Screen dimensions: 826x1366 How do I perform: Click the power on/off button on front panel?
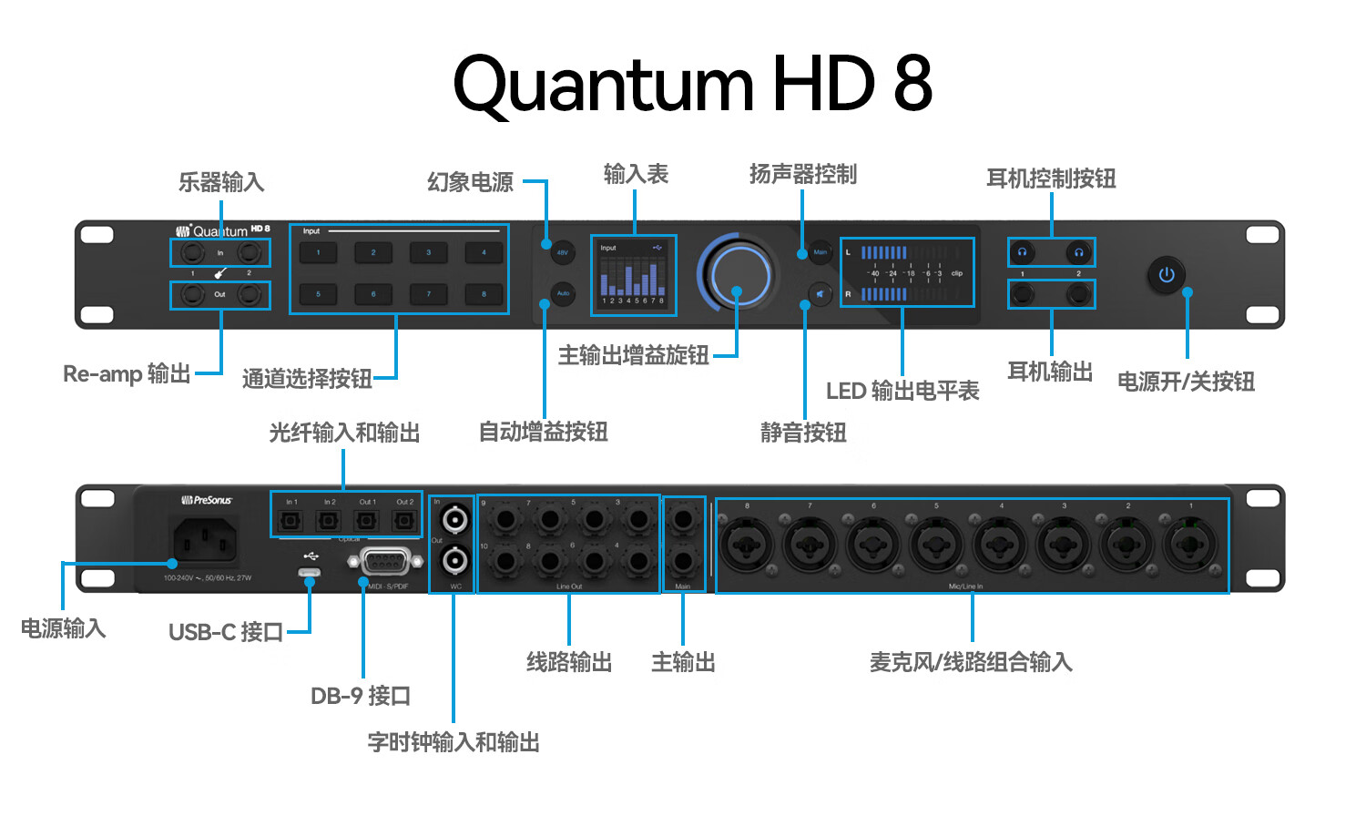[x=1167, y=274]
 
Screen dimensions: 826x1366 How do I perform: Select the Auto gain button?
[x=563, y=293]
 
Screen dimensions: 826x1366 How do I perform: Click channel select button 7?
[x=429, y=294]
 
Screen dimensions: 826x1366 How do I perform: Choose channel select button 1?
[x=318, y=252]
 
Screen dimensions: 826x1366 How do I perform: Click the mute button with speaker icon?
[x=820, y=294]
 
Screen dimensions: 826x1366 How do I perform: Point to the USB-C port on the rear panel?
[x=309, y=573]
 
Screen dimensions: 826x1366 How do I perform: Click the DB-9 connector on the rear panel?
[x=384, y=562]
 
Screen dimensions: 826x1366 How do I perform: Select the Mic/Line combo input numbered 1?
[x=1189, y=545]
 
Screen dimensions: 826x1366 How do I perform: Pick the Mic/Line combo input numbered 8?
[x=747, y=545]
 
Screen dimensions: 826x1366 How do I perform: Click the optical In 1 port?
[x=291, y=521]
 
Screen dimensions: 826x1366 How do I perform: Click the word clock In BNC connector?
[x=454, y=520]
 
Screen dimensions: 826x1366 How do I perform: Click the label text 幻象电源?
[x=470, y=182]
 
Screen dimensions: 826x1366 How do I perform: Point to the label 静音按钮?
[x=803, y=433]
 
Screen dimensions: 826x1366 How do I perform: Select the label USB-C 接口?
[x=226, y=632]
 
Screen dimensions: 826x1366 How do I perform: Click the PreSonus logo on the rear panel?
[x=207, y=500]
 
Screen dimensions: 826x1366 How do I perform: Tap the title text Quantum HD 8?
[x=692, y=84]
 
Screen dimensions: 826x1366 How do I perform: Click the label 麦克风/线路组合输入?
[x=971, y=662]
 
